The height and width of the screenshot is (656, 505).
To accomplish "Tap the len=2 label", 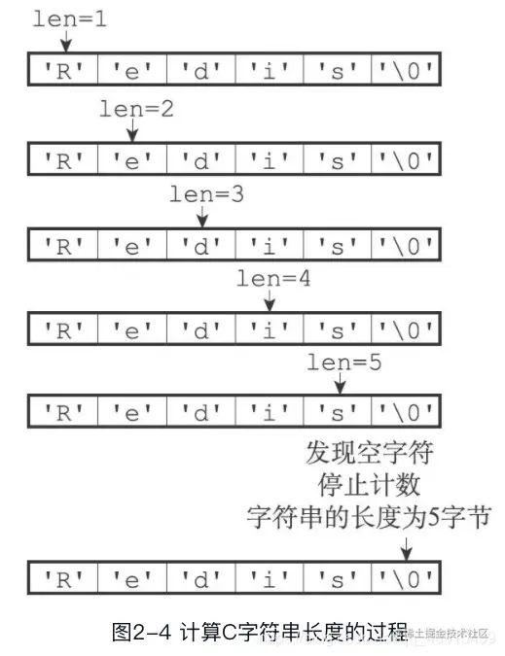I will tap(136, 109).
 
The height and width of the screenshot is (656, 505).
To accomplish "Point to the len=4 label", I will tap(273, 278).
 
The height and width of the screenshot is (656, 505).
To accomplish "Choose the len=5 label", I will tap(343, 363).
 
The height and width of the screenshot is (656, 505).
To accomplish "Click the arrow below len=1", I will tap(65, 41).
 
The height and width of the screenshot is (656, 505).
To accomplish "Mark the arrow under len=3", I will tap(201, 216).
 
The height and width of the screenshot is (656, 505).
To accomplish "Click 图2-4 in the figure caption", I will tap(142, 633).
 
